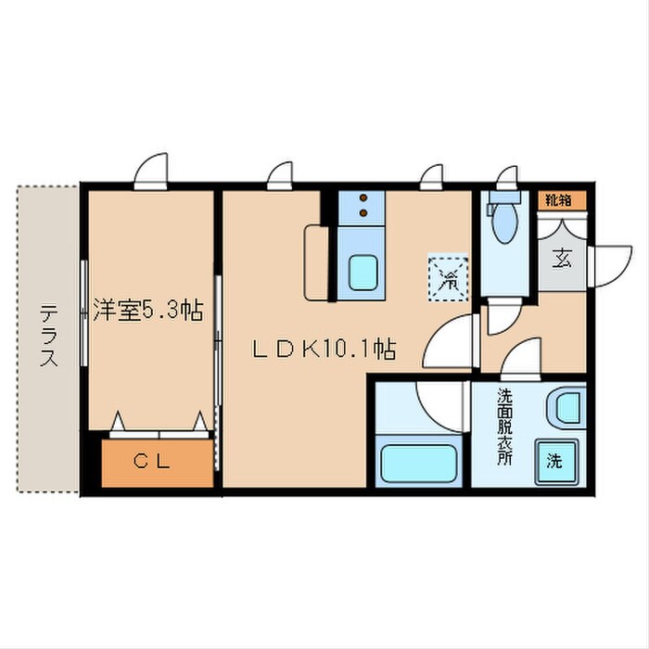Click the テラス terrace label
(48, 337)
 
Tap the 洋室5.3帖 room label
(147, 310)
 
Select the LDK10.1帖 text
(326, 350)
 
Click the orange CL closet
(156, 462)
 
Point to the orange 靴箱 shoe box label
(558, 198)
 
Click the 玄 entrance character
(562, 259)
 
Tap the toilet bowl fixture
(505, 222)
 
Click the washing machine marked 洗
(553, 458)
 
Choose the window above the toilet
(506, 177)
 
